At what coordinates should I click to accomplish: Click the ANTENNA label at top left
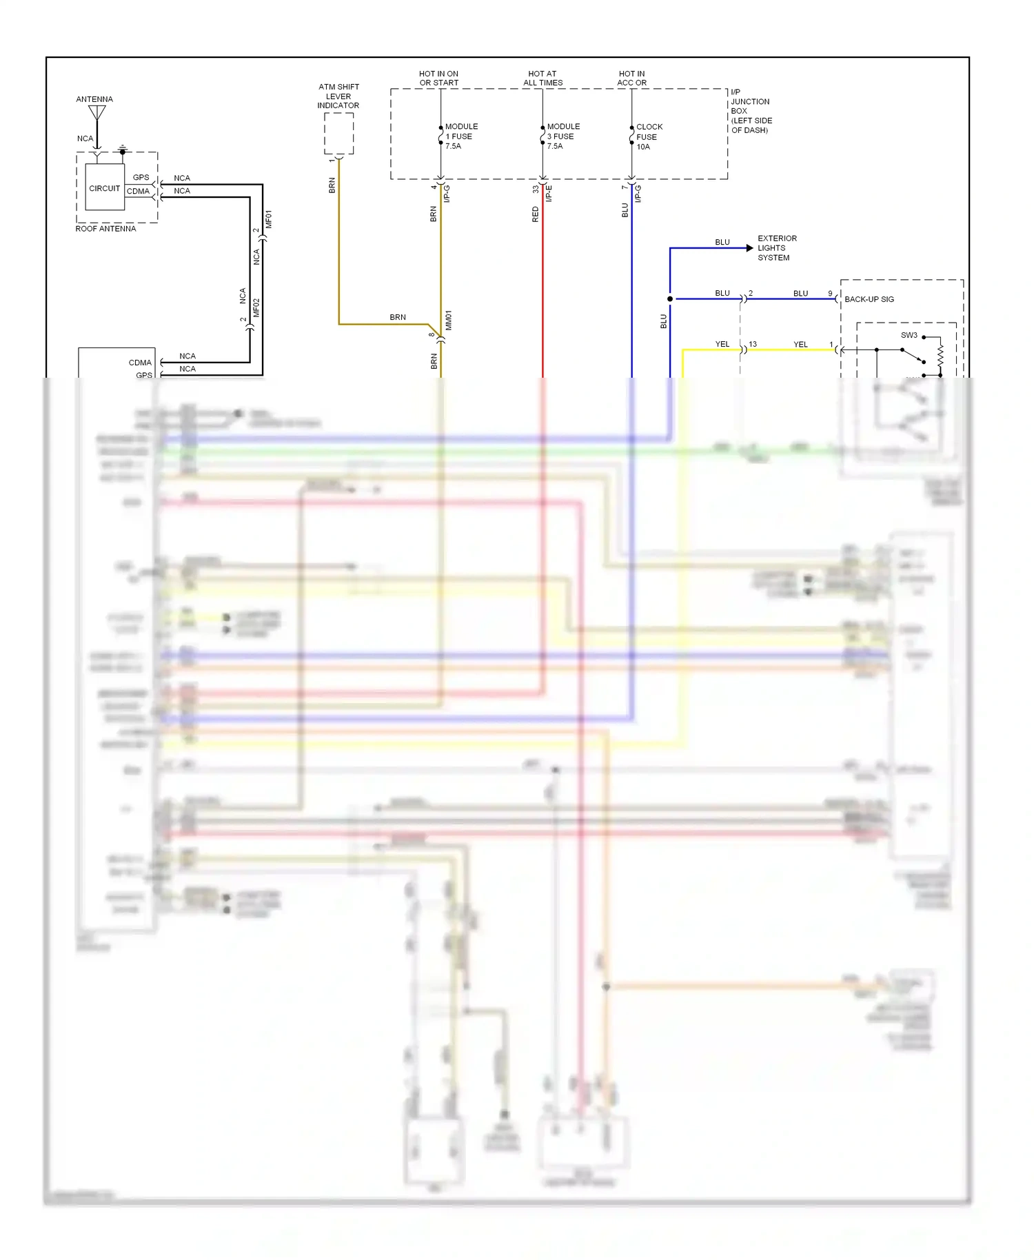[94, 99]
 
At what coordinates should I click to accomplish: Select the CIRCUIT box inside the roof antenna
[105, 187]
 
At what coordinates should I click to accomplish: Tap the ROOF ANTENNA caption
[105, 229]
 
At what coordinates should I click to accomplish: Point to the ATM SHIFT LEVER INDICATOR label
[338, 96]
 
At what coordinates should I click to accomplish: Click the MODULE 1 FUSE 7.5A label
[461, 136]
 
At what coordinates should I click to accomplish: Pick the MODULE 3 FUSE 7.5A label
[563, 136]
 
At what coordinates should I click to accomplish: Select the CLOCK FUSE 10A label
[649, 136]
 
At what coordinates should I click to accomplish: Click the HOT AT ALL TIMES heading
[543, 78]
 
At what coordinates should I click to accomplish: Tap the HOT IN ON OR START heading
[438, 78]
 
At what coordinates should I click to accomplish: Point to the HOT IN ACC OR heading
[631, 78]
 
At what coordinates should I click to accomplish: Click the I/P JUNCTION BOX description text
[751, 111]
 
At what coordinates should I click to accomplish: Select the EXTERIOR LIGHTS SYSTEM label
[777, 248]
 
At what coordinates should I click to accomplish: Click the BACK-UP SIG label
[869, 299]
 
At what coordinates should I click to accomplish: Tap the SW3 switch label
[909, 336]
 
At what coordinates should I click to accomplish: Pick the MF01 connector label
[269, 219]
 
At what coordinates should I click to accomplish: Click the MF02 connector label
[256, 307]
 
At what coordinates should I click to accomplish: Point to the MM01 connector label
[448, 320]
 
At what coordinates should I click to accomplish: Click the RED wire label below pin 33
[536, 214]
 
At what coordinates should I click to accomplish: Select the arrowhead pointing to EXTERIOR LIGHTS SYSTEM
[750, 248]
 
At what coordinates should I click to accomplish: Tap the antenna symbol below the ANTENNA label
[97, 113]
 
